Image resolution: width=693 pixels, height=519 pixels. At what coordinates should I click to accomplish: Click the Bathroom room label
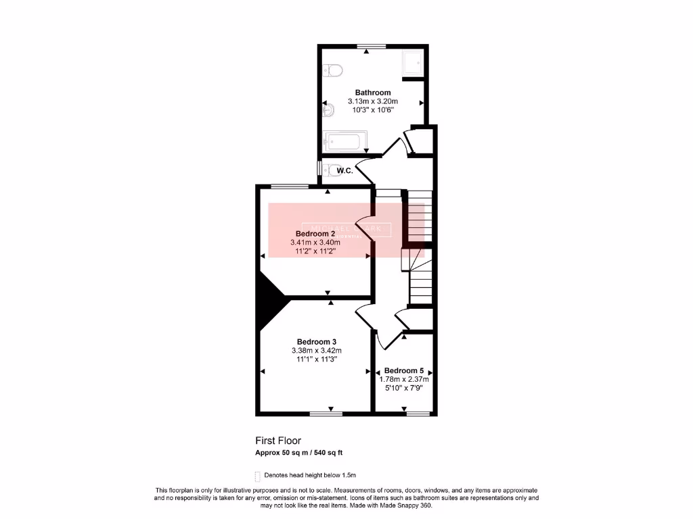373,93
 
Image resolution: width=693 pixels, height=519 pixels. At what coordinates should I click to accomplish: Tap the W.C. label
344,171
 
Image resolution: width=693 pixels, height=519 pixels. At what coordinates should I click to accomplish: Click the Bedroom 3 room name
317,341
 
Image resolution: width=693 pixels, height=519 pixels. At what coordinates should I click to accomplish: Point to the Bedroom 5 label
404,370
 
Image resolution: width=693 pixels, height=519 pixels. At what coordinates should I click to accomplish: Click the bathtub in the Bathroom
345,141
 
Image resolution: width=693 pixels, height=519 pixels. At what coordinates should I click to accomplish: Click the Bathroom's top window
372,46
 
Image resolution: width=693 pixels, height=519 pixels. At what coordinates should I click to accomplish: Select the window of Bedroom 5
418,413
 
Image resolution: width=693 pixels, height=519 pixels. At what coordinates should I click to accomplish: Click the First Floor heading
278,441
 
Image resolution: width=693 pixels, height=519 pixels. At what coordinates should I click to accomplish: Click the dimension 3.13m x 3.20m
373,101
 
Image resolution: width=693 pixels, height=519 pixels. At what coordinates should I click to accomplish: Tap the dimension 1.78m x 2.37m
404,380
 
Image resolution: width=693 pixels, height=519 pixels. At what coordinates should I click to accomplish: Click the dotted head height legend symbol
258,476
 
